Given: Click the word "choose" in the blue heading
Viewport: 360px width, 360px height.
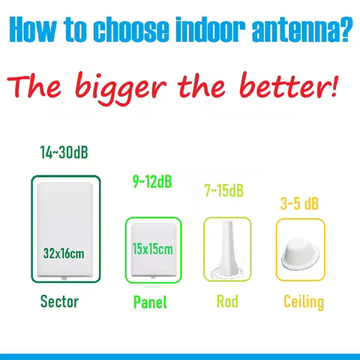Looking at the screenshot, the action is [132, 29].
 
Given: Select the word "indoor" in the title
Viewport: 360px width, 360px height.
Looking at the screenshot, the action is [211, 29].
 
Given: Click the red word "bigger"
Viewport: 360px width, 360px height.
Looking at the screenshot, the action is [121, 88].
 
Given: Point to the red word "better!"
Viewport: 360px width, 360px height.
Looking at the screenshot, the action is [289, 85].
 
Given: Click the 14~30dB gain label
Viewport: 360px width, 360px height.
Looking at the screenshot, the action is [64, 152].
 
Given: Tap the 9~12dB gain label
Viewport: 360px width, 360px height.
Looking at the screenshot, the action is [152, 181].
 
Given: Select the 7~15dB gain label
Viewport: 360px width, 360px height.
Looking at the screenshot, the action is [224, 190].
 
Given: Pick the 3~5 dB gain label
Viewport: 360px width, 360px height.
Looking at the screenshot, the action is [299, 203].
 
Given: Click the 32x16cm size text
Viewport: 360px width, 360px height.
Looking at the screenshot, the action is [64, 253].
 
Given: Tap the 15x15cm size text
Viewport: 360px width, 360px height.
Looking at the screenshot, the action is [152, 249].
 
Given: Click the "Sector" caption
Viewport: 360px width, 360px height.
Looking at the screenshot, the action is [59, 301].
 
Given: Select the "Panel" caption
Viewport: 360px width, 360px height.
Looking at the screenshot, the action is [150, 302].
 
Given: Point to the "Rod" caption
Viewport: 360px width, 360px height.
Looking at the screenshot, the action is [227, 301].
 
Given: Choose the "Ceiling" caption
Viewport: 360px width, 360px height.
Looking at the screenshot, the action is [304, 302].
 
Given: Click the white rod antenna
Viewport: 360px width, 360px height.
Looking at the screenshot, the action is [227, 250].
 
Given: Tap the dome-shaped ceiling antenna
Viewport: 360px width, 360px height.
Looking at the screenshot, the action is [300, 254].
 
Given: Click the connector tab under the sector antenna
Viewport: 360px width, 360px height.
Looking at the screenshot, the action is [64, 277].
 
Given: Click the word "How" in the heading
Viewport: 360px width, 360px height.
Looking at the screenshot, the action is [33, 29].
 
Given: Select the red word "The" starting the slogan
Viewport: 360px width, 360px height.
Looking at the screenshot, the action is [34, 86].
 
